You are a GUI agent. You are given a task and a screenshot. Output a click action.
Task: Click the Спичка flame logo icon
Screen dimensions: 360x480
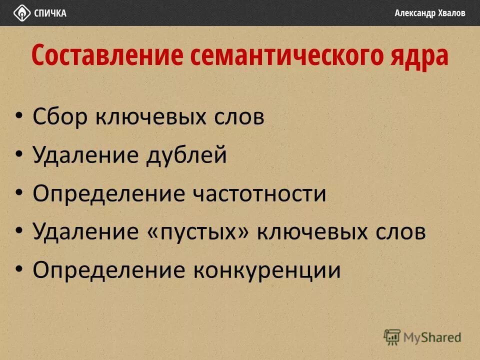tap(21, 12)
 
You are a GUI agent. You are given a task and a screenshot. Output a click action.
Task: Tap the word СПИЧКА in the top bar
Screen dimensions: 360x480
tap(50, 13)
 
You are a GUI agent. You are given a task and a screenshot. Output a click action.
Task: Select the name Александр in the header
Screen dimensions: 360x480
tap(414, 13)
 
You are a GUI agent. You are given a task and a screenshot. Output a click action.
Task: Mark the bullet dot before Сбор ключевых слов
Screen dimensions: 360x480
tap(19, 116)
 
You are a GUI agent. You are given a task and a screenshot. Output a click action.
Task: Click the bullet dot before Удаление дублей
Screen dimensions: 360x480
tap(19, 155)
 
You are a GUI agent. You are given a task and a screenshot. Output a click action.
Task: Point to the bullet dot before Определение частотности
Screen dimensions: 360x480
tap(19, 193)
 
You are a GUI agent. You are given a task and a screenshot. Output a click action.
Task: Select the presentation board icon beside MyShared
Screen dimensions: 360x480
tap(392, 336)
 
